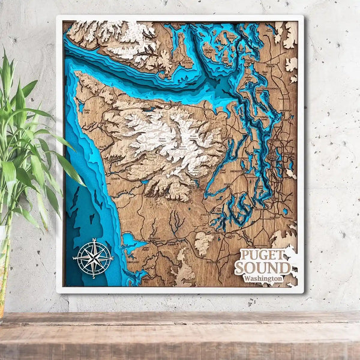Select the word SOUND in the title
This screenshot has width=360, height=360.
click(263, 267)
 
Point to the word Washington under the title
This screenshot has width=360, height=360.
click(263, 278)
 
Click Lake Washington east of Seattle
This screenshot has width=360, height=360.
click(282, 159)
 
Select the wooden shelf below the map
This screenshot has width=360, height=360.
click(180, 336)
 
